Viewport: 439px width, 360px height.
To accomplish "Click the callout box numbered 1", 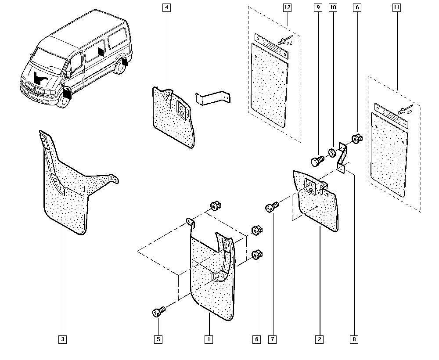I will [209, 339].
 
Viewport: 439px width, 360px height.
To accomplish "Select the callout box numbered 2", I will [319, 339].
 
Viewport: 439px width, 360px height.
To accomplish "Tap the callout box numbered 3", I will [63, 339].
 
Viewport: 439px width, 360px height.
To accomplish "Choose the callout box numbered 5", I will [158, 339].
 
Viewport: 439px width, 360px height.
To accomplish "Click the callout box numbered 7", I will [273, 339].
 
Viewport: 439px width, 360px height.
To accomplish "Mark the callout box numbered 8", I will [354, 339].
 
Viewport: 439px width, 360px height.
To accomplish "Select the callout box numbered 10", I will [332, 7].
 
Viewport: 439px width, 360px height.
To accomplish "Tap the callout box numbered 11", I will [398, 7].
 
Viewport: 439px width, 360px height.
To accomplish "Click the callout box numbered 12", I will [288, 7].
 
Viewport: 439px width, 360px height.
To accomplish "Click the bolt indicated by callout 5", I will [158, 312].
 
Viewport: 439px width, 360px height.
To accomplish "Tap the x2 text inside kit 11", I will [409, 112].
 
